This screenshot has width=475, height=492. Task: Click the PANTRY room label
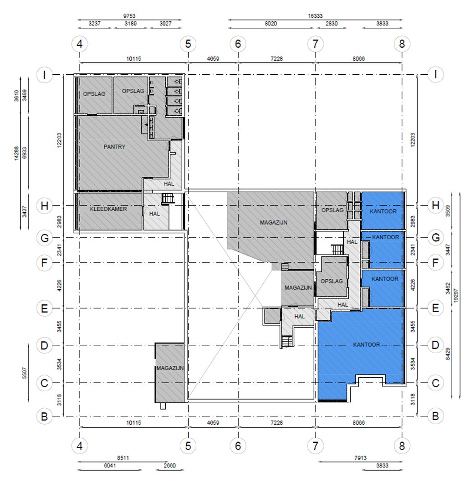click(114, 147)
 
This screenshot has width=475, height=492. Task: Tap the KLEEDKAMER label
click(108, 209)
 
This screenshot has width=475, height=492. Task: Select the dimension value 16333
click(315, 16)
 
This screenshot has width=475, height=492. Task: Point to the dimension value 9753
click(129, 16)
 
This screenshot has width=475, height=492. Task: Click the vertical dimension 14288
click(16, 154)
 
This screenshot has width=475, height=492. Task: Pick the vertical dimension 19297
click(456, 296)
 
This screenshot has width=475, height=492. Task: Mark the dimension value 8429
click(448, 354)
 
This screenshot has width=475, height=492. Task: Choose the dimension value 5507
click(25, 373)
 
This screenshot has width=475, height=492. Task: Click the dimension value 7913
click(361, 458)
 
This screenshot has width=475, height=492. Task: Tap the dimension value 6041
click(110, 466)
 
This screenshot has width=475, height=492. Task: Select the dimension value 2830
click(331, 24)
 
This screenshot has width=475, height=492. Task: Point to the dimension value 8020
click(271, 24)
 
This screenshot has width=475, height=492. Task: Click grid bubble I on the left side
click(44, 75)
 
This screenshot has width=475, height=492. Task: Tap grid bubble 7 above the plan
click(315, 44)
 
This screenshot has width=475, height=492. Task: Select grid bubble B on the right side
click(435, 416)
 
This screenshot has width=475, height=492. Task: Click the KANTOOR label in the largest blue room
click(367, 345)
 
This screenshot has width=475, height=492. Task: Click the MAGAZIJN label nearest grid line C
click(170, 368)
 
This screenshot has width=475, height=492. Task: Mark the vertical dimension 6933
click(25, 154)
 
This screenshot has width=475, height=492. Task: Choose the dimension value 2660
click(169, 466)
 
